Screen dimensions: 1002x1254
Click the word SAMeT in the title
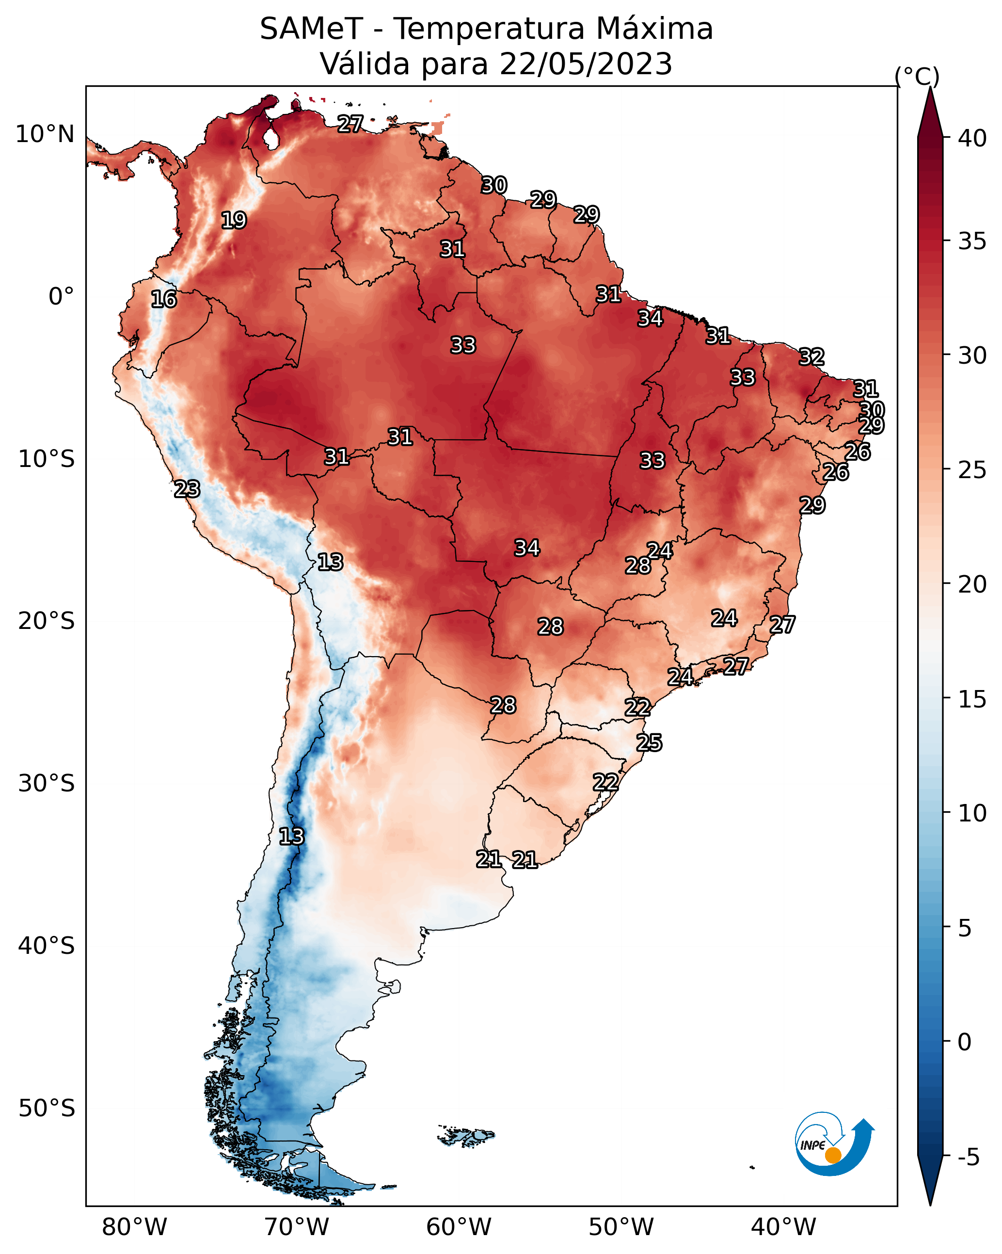[311, 29]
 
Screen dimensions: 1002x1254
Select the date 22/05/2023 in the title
[586, 64]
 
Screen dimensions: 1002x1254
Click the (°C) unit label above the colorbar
[917, 76]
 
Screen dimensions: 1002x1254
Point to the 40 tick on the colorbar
[972, 138]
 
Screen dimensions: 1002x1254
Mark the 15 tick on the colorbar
[972, 699]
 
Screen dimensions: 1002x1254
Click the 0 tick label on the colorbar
[964, 1042]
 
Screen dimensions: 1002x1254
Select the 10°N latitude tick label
[45, 134]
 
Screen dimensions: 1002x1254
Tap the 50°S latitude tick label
[47, 1108]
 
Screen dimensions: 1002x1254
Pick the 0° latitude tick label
[62, 297]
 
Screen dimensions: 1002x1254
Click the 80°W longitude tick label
[134, 1227]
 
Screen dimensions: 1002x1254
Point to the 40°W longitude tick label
[783, 1227]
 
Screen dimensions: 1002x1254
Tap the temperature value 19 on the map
[234, 221]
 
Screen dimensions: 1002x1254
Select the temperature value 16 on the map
[163, 299]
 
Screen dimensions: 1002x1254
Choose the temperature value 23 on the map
[187, 489]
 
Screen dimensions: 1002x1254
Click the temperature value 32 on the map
[811, 356]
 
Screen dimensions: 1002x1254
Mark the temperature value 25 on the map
[649, 743]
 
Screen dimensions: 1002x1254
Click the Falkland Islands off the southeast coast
[466, 1135]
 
